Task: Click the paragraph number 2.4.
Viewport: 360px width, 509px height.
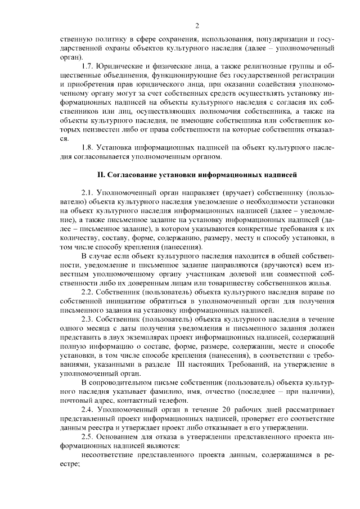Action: click(x=88, y=409)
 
